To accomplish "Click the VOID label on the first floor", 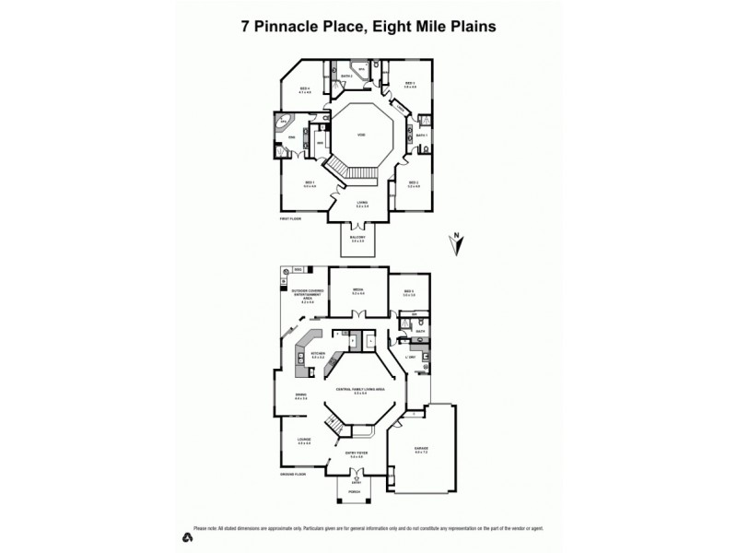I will (361, 135).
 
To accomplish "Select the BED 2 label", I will (414, 182).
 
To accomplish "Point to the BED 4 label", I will (304, 89).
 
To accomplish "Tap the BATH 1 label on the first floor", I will (421, 135).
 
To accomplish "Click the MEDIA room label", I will (358, 289).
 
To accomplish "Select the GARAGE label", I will (422, 449).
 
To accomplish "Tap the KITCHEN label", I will (319, 353).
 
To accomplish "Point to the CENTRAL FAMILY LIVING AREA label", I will (358, 391).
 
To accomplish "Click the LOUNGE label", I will (304, 441).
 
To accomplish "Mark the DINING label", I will (299, 397).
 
